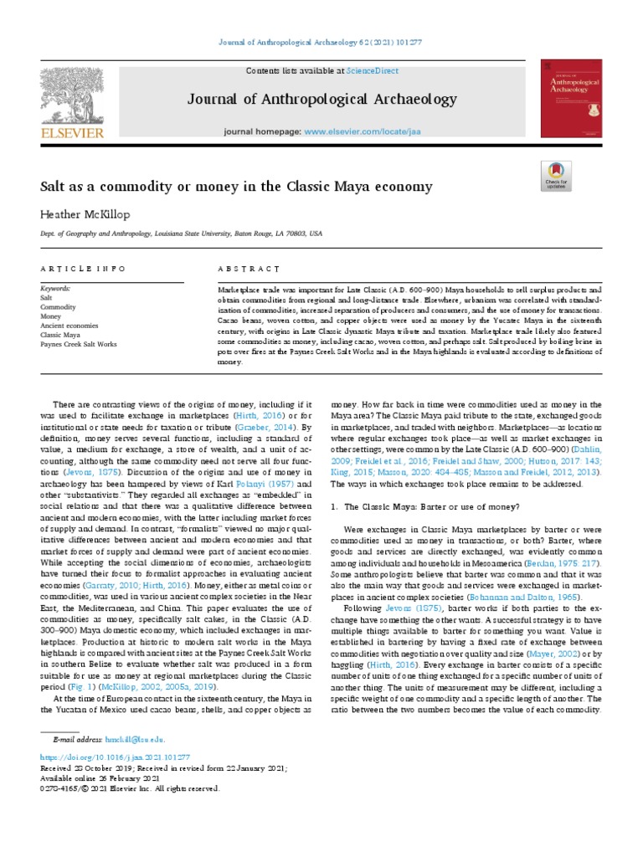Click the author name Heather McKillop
[x=85, y=215]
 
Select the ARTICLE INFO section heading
[x=83, y=269]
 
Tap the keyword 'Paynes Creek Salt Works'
[x=78, y=345]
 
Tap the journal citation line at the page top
[x=321, y=43]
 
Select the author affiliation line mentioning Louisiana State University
[x=181, y=236]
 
